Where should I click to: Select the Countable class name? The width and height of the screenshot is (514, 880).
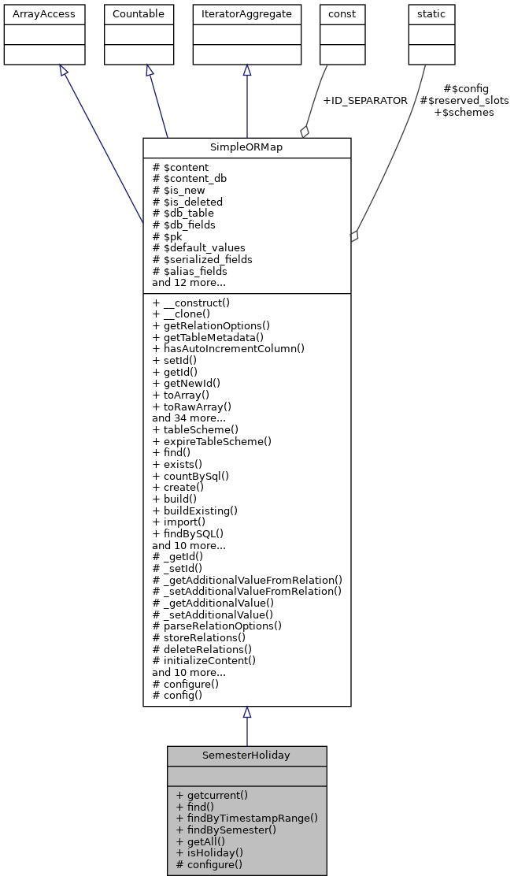[139, 14]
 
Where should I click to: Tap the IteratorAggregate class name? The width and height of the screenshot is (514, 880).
[246, 14]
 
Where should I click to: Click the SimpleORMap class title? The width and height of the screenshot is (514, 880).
[246, 148]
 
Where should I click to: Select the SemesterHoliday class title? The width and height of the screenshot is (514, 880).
[246, 756]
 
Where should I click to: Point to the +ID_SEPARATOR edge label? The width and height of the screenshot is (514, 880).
[365, 101]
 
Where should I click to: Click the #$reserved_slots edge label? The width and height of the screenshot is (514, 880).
[464, 101]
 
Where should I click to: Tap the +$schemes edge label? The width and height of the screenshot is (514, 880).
[464, 113]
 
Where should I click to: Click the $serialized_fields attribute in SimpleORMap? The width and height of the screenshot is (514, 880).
[202, 259]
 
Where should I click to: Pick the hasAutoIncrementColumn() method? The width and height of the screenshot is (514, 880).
[228, 348]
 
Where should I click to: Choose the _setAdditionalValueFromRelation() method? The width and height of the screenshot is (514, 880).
[247, 591]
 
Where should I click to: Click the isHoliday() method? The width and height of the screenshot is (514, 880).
[209, 852]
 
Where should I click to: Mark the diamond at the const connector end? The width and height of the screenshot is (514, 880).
[305, 132]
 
